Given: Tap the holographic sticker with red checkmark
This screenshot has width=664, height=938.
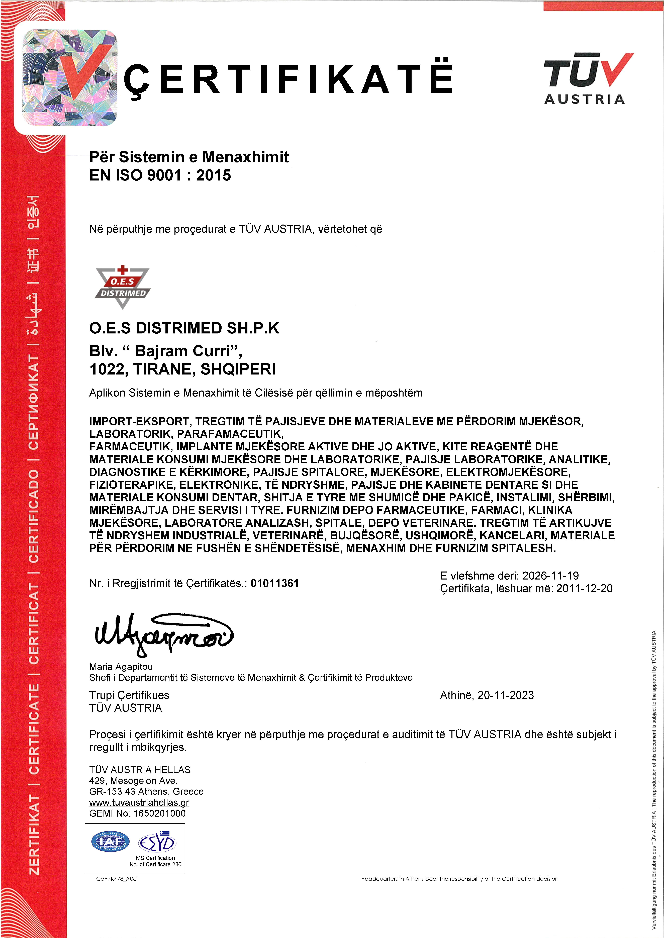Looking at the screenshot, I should [x=69, y=78].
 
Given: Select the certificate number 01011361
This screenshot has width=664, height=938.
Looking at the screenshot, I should [x=275, y=583].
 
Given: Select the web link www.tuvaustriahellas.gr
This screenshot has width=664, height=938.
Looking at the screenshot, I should [x=139, y=802].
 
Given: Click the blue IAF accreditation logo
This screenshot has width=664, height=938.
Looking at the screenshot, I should [x=110, y=842].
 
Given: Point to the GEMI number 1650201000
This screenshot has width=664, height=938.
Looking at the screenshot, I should [x=159, y=813].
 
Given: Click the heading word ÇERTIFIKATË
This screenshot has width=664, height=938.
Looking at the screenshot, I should [x=288, y=78].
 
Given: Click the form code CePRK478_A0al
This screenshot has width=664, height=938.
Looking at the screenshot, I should [x=117, y=879].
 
